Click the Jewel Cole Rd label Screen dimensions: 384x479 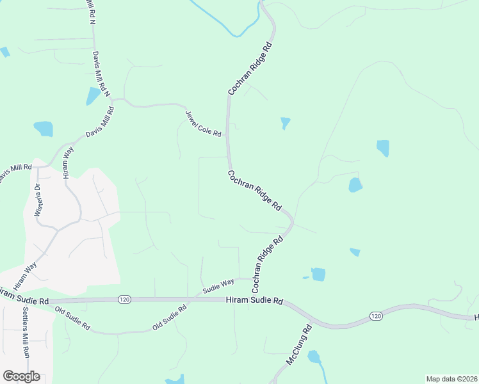[x=203, y=124]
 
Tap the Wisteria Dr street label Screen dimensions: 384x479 [x=38, y=199]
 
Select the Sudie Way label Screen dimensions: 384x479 [x=218, y=285]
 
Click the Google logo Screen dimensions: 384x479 [x=21, y=376]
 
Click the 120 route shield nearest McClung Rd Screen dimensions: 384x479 [x=376, y=316]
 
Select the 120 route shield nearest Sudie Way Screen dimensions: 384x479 [x=124, y=299]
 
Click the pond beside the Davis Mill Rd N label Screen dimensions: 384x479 [x=93, y=96]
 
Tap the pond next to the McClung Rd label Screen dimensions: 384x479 [x=314, y=357]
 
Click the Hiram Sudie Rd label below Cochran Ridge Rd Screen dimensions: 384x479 [x=254, y=300]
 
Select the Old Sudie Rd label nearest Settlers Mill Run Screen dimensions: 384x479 [x=72, y=318]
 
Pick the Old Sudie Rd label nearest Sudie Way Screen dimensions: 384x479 [x=169, y=317]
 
